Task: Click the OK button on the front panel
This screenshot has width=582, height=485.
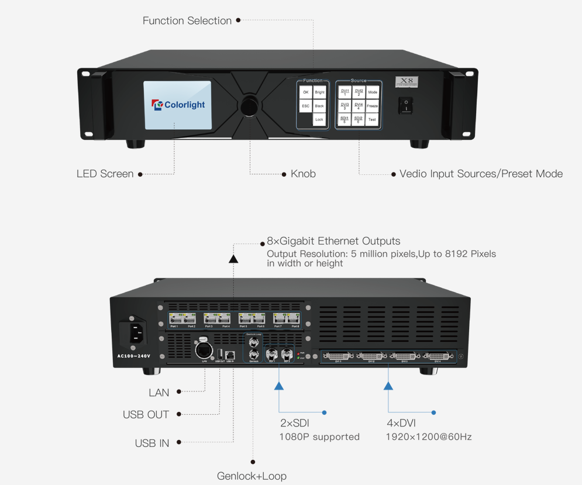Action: [305, 92]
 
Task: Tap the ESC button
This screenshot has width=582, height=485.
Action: [305, 106]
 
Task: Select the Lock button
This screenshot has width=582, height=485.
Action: [319, 119]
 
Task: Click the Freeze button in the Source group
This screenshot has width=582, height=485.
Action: [373, 106]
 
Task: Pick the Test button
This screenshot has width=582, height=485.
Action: [372, 119]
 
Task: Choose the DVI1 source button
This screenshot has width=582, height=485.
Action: [345, 92]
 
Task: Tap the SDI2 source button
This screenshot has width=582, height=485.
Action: [359, 119]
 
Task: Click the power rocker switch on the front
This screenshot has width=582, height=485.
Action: [405, 106]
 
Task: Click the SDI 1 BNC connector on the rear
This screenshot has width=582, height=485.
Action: [272, 353]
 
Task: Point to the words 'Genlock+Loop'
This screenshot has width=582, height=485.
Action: [252, 476]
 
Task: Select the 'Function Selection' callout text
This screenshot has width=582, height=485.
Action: [187, 21]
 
